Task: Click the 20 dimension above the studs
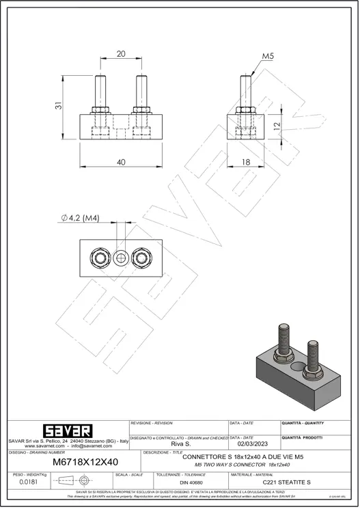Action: pos(121,54)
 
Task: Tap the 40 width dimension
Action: pos(121,163)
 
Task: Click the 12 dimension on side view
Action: pos(277,126)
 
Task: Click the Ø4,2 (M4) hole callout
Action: pos(80,218)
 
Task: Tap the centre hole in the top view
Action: pos(121,258)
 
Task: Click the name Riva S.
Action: pos(179,443)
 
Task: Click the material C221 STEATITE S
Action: pos(286,482)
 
